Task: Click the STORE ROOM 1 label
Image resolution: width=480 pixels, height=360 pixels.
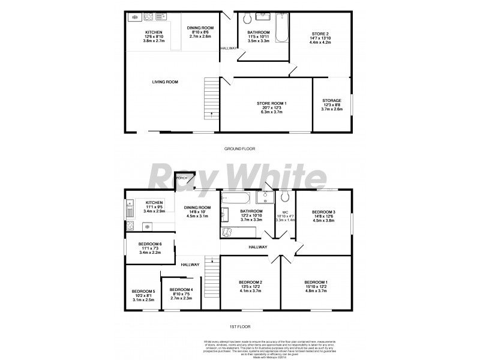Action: coord(272,103)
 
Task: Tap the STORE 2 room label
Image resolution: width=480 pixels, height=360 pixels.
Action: coord(320,33)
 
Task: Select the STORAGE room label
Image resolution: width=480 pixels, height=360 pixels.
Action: coord(331,100)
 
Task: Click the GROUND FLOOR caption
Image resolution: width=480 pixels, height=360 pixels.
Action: coord(239,148)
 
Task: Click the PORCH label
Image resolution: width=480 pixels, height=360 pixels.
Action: coord(181,178)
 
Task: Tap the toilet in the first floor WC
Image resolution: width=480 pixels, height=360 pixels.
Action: coord(285,197)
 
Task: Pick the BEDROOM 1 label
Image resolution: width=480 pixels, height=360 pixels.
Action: coord(316,283)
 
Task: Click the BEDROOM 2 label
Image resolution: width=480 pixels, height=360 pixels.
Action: coord(251,283)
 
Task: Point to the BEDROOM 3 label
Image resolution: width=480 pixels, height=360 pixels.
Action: coord(323,212)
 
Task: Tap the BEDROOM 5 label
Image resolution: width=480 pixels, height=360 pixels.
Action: coord(144,292)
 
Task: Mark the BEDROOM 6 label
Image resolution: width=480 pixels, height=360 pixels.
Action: coord(151,244)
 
